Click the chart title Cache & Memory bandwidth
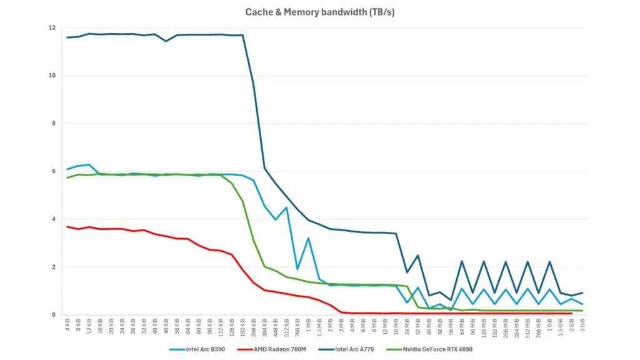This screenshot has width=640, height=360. click(319, 12)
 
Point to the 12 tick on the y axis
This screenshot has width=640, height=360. click(52, 28)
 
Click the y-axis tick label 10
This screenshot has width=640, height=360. click(52, 76)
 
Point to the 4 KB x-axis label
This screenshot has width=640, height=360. click(67, 326)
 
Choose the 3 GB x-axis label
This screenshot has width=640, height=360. click(582, 326)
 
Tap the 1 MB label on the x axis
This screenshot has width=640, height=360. click(308, 326)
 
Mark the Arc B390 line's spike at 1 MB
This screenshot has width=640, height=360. click(308, 238)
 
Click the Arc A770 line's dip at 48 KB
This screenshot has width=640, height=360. click(166, 41)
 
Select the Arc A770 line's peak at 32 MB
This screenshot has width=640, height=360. click(417, 255)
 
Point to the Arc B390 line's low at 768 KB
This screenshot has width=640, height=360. click(297, 269)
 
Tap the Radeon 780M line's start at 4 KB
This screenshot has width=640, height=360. click(67, 227)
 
